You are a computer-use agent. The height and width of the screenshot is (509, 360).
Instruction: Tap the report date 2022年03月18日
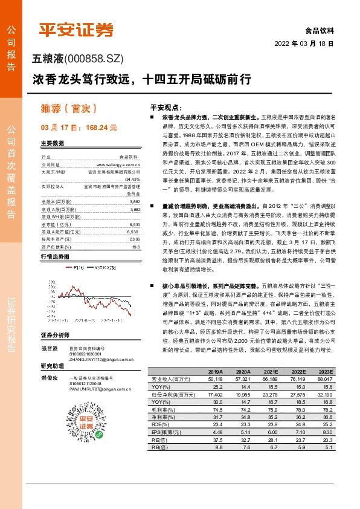(304, 44)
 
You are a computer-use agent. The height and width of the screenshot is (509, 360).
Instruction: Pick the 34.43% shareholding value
(132, 179)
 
